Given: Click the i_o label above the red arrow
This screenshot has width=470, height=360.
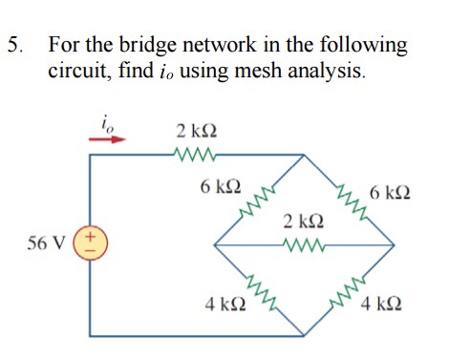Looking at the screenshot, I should point(106,121).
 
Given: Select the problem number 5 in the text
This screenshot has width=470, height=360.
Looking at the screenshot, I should point(13,45).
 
